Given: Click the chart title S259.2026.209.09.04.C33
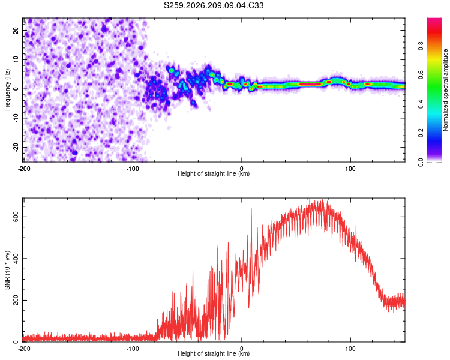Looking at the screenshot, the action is (214, 5).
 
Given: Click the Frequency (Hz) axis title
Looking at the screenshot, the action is (7, 90).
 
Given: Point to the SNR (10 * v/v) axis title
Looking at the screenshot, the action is (7, 270).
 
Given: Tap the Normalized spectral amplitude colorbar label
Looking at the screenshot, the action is (445, 90).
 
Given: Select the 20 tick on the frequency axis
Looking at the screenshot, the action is (16, 30).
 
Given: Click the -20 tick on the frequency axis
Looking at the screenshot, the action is (16, 147).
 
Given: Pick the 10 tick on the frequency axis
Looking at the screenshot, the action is (16, 59).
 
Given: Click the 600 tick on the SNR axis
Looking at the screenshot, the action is (16, 217).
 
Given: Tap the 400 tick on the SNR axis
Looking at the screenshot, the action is (16, 259).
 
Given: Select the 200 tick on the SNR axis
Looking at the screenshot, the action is (16, 300).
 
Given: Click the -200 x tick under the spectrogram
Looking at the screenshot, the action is (24, 169).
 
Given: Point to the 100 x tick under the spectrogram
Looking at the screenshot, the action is (350, 169).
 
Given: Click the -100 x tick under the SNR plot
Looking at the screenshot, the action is (133, 349).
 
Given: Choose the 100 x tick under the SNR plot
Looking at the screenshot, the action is (350, 349).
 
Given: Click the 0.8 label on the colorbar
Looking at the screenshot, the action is (421, 46).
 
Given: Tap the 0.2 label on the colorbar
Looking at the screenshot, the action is (421, 133).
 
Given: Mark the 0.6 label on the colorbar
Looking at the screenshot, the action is (421, 75).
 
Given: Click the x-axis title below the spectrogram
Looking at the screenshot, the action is (214, 173).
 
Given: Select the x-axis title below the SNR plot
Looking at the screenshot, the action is (214, 353).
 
